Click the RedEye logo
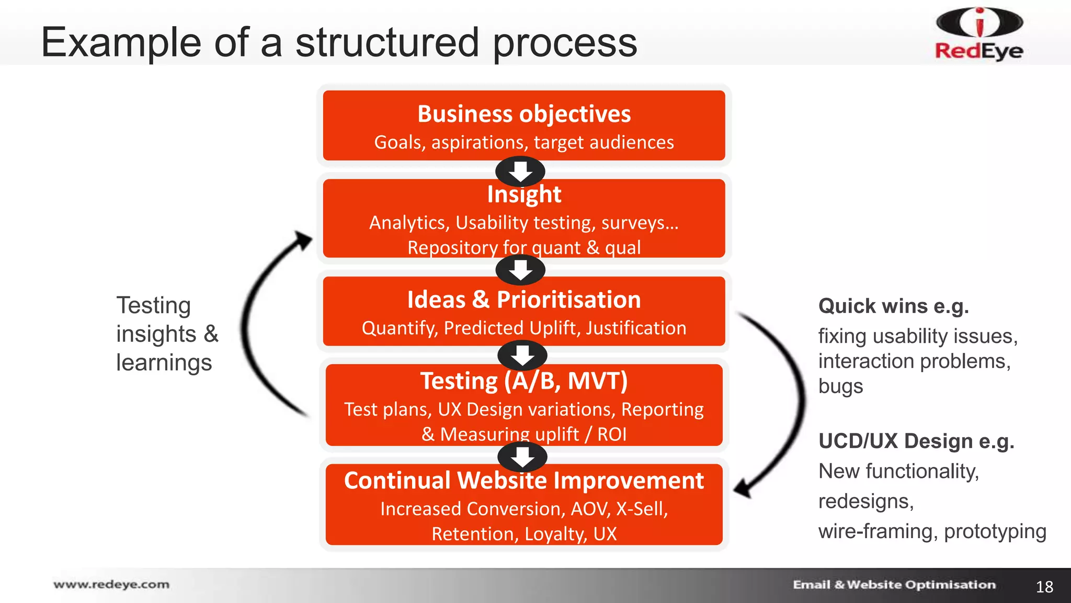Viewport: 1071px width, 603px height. (x=979, y=34)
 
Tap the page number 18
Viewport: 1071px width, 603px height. (x=1044, y=587)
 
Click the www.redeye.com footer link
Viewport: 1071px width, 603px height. (x=111, y=584)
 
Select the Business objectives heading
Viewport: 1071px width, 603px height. (x=524, y=114)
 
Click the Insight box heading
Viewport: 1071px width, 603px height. (x=524, y=195)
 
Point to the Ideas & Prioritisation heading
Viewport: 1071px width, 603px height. (x=524, y=300)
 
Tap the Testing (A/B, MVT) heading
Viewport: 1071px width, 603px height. (x=524, y=381)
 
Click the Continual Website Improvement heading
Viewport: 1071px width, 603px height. (x=524, y=481)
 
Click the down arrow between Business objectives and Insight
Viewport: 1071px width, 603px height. (x=520, y=171)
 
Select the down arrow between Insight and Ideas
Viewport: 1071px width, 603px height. (x=520, y=270)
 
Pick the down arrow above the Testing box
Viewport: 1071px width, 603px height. (x=522, y=355)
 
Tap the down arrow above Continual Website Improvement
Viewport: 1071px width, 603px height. (x=522, y=456)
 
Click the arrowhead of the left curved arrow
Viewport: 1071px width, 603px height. (x=303, y=240)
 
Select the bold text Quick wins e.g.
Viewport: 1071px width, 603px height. (x=893, y=306)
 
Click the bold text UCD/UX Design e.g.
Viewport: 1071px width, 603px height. (x=916, y=441)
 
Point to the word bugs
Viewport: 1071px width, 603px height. (x=840, y=386)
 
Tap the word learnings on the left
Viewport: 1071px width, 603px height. (x=164, y=363)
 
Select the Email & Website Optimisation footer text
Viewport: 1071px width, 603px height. (x=894, y=585)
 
